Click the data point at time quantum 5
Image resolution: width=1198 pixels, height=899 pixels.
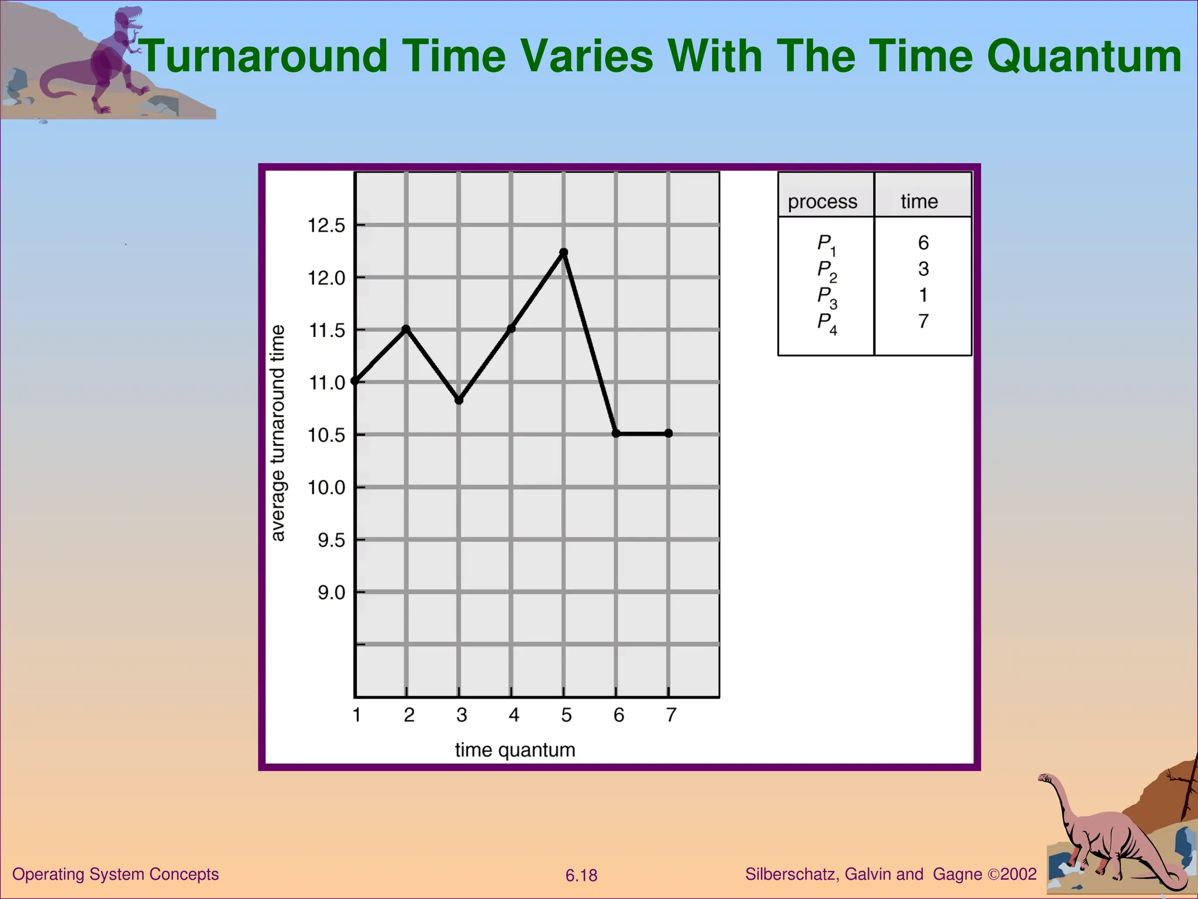click(563, 252)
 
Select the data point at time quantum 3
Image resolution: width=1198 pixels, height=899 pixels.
click(459, 400)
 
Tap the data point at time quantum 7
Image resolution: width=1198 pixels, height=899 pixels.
click(669, 433)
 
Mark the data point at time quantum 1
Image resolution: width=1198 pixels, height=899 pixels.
click(354, 381)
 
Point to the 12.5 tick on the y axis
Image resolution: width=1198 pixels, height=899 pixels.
click(327, 225)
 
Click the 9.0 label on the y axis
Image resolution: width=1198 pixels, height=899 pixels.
click(332, 593)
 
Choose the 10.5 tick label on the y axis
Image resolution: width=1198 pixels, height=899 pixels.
click(327, 435)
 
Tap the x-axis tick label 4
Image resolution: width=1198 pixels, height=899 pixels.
click(514, 715)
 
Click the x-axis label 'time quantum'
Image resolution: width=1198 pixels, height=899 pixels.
click(515, 750)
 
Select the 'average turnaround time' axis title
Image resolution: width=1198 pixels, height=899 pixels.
click(278, 433)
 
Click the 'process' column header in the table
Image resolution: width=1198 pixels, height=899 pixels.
click(822, 202)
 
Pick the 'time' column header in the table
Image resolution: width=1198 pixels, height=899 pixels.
click(919, 202)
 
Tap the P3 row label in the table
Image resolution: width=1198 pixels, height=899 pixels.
click(826, 296)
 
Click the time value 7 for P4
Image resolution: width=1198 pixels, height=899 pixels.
click(923, 321)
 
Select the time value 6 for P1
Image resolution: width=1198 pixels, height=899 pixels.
click(923, 242)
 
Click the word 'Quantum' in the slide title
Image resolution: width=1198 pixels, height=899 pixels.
click(1084, 57)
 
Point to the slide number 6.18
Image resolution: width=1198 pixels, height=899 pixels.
click(581, 876)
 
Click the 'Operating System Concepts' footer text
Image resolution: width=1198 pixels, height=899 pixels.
click(115, 874)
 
